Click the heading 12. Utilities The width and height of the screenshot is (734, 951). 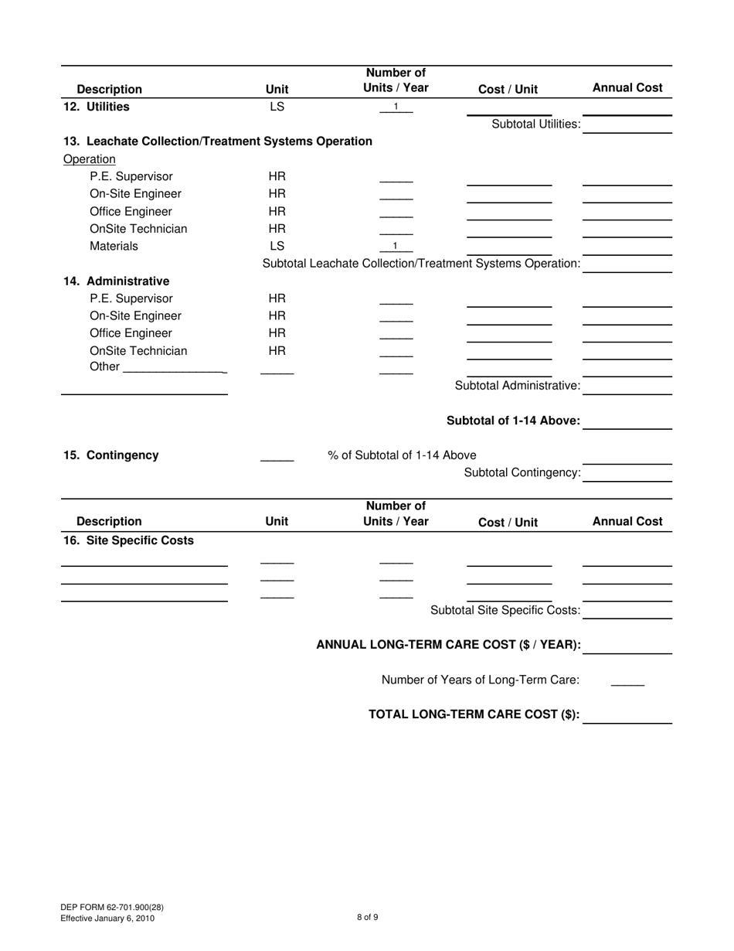pyautogui.click(x=97, y=107)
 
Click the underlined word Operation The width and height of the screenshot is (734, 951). pyautogui.click(x=90, y=159)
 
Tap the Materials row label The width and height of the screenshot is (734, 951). pyautogui.click(x=114, y=246)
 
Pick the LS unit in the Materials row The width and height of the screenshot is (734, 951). pyautogui.click(x=277, y=246)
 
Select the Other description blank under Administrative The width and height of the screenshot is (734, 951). pyautogui.click(x=173, y=367)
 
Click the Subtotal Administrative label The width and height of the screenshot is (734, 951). pyautogui.click(x=517, y=385)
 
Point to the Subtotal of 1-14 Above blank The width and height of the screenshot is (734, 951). pyautogui.click(x=627, y=422)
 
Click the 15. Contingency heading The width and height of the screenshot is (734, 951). pyautogui.click(x=111, y=455)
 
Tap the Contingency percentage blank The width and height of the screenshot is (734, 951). pyautogui.click(x=277, y=456)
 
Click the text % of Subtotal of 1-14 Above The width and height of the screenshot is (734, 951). pyautogui.click(x=402, y=455)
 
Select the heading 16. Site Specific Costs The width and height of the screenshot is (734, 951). pyautogui.click(x=128, y=540)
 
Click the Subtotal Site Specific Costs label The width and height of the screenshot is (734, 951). pyautogui.click(x=505, y=610)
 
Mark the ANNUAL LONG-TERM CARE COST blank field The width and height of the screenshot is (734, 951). pyautogui.click(x=627, y=647)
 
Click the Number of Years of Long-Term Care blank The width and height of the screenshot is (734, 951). pyautogui.click(x=627, y=681)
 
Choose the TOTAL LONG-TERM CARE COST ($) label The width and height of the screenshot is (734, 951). pyautogui.click(x=474, y=714)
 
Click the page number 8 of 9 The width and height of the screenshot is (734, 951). pyautogui.click(x=367, y=918)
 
